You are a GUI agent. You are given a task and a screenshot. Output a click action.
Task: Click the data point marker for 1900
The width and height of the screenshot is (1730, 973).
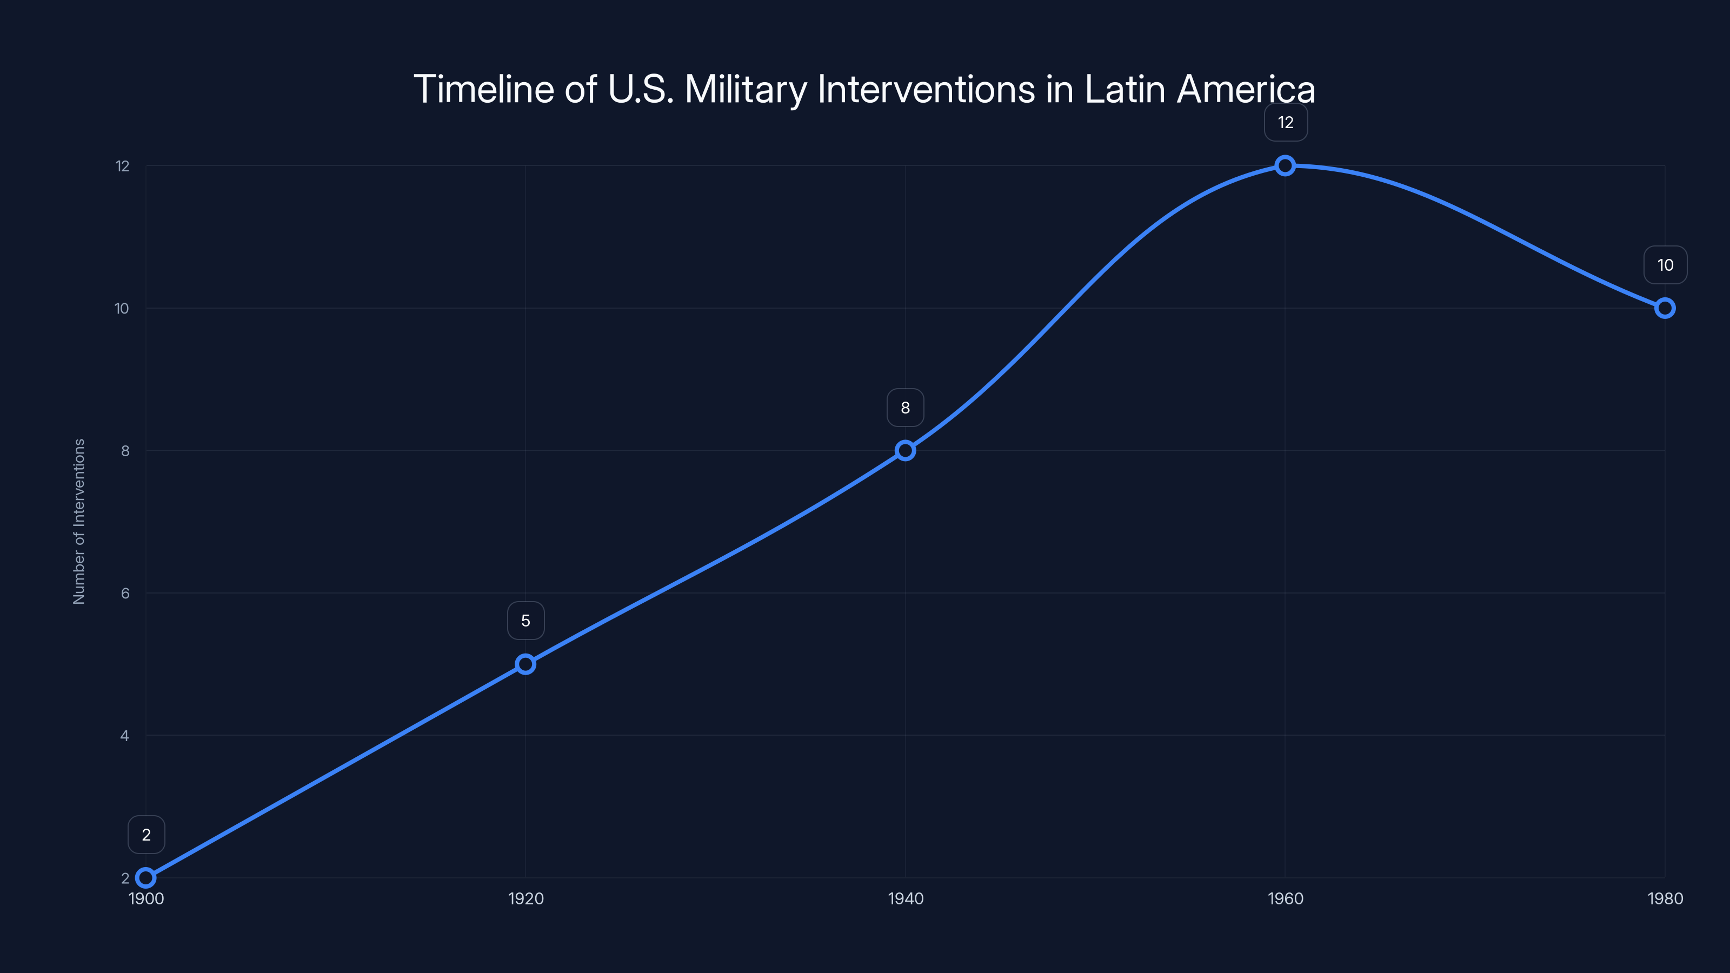[x=146, y=878]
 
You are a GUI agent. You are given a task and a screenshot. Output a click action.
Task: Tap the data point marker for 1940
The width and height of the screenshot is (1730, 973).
[x=906, y=451]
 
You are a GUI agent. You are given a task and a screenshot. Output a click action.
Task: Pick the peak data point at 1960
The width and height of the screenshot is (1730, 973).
[x=1285, y=165]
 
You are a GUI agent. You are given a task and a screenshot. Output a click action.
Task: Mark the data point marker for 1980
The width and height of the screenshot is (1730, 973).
[x=1665, y=308]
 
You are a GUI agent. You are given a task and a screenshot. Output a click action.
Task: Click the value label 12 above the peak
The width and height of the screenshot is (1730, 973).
[x=1286, y=122]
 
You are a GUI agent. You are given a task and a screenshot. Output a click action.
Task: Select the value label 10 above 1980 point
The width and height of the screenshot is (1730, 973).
[x=1665, y=265]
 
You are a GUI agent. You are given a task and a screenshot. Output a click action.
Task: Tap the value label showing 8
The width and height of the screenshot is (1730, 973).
[x=906, y=408]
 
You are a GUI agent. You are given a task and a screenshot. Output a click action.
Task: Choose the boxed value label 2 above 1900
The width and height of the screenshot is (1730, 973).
[x=146, y=835]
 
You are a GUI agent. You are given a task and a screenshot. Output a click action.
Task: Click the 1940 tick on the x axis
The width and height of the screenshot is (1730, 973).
[x=906, y=898]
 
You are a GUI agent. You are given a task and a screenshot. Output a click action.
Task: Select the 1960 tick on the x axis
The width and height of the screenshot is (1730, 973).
[x=1285, y=898]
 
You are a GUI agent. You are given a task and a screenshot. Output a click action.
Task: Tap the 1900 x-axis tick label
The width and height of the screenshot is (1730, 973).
[x=146, y=898]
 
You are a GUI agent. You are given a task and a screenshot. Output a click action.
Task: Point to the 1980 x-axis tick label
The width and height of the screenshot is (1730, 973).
[x=1665, y=898]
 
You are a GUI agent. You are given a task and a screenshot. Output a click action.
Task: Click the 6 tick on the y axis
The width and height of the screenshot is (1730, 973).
[x=125, y=593]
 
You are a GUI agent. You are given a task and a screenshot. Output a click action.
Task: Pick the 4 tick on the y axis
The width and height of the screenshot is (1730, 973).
[x=125, y=736]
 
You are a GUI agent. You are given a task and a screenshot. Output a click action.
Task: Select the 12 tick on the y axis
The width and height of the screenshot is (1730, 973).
[x=122, y=166]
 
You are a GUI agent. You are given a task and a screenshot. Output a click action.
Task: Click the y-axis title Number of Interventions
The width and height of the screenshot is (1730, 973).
[x=79, y=521]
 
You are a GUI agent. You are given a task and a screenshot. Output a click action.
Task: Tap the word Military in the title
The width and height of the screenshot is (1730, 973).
[x=745, y=89]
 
